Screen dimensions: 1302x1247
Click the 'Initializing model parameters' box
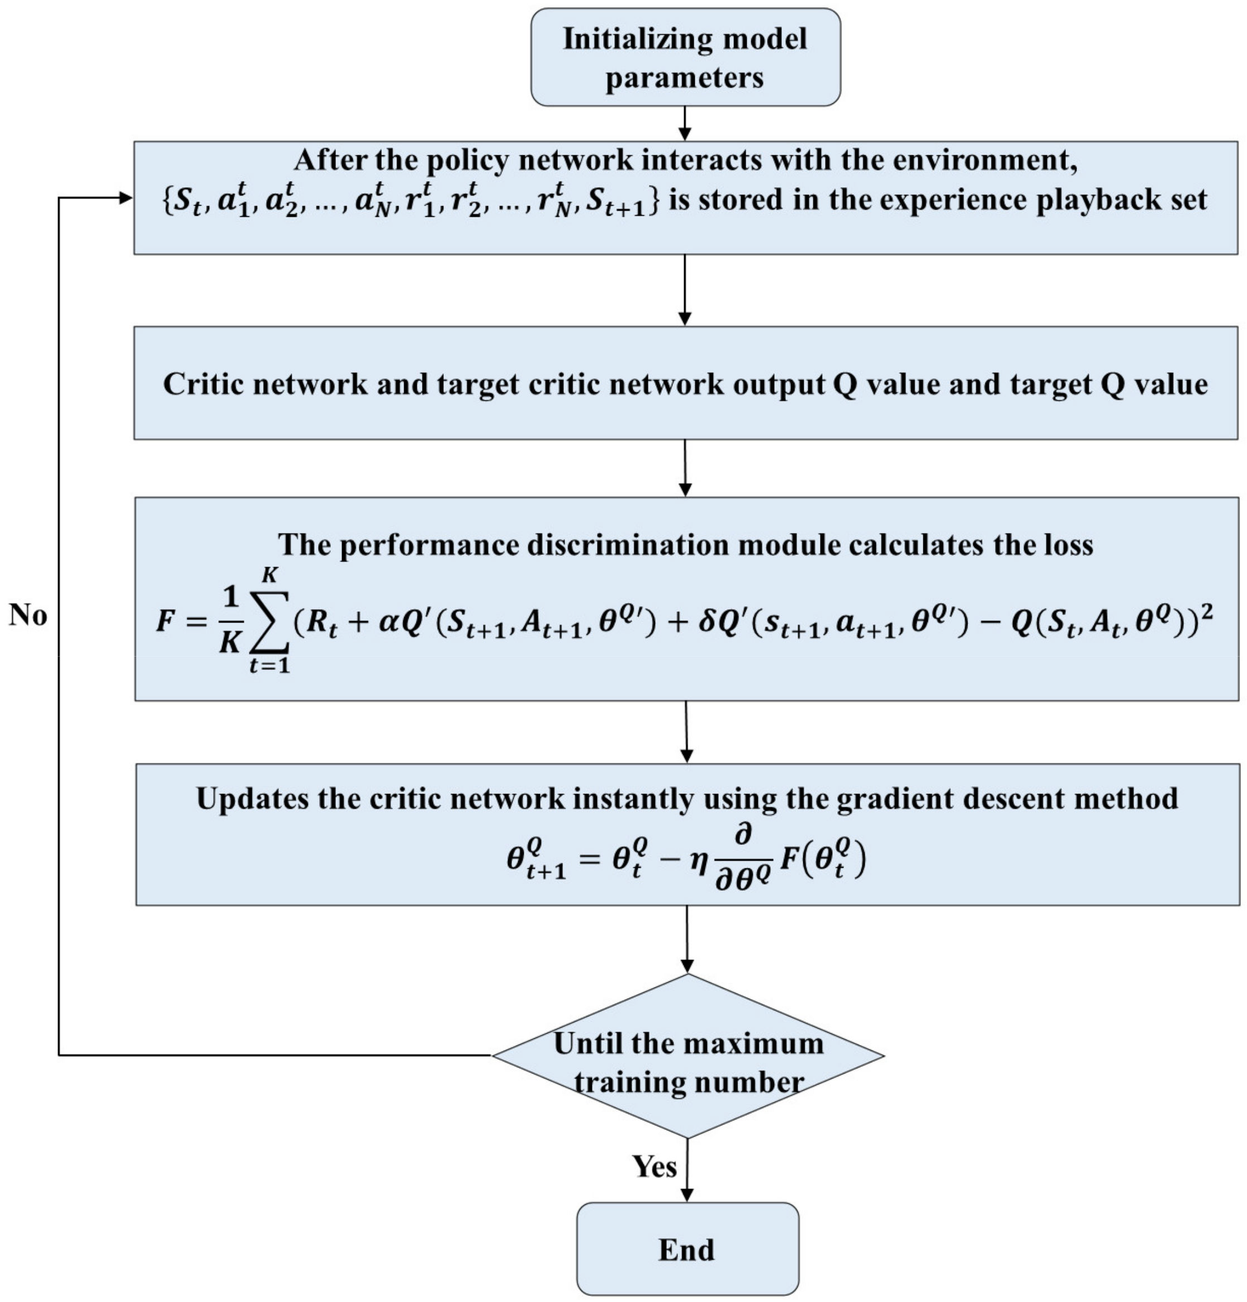click(x=685, y=57)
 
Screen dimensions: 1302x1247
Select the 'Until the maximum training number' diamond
click(x=687, y=1056)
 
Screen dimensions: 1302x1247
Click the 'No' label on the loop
click(x=28, y=615)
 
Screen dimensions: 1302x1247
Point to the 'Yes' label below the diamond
click(x=654, y=1166)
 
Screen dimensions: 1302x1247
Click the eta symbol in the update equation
click(x=697, y=861)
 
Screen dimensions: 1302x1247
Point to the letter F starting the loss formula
click(x=164, y=622)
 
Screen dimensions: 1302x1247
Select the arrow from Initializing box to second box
click(x=685, y=123)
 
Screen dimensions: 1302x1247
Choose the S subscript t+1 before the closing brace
click(x=615, y=201)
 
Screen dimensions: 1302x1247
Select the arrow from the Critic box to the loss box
click(x=685, y=468)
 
